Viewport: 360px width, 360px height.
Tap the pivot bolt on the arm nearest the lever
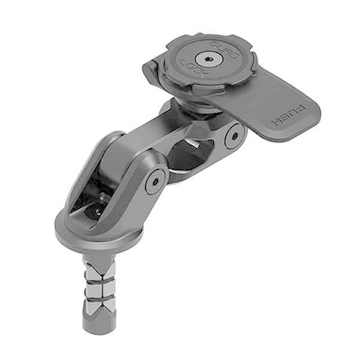coord(232,137)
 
